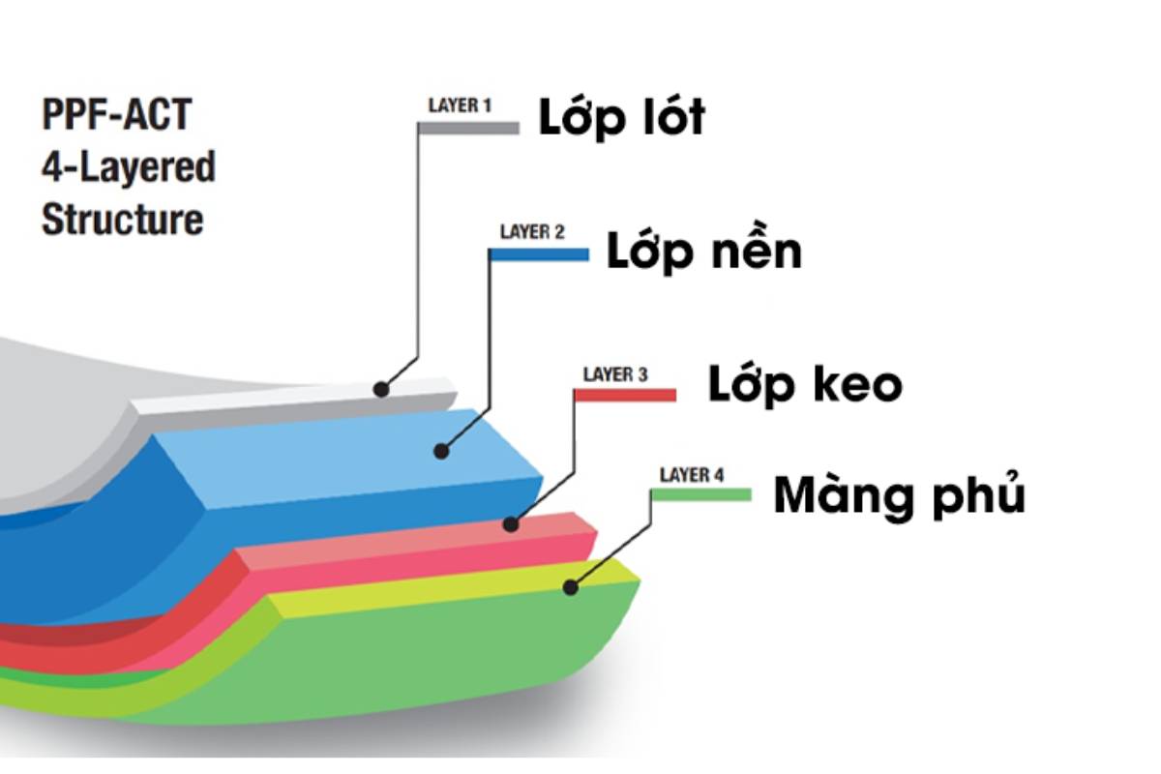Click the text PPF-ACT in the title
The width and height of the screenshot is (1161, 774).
coord(116,116)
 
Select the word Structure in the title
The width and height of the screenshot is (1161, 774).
coord(123,219)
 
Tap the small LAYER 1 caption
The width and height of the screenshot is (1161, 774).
coord(460,105)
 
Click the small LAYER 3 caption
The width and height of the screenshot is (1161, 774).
coord(615,374)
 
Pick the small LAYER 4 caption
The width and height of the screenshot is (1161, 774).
coord(691,475)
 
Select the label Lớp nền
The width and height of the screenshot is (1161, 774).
coord(704,252)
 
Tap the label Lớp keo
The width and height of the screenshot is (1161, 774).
coord(805,384)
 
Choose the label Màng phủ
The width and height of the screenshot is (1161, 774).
coord(899,497)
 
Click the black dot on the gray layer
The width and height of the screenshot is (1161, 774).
coord(381,389)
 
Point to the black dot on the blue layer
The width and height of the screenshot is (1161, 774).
coord(441,450)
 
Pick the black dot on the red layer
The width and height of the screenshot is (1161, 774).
coord(511,524)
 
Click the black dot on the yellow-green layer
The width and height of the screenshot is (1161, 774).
coord(571,586)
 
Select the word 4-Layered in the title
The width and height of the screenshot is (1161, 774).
coord(128,167)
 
